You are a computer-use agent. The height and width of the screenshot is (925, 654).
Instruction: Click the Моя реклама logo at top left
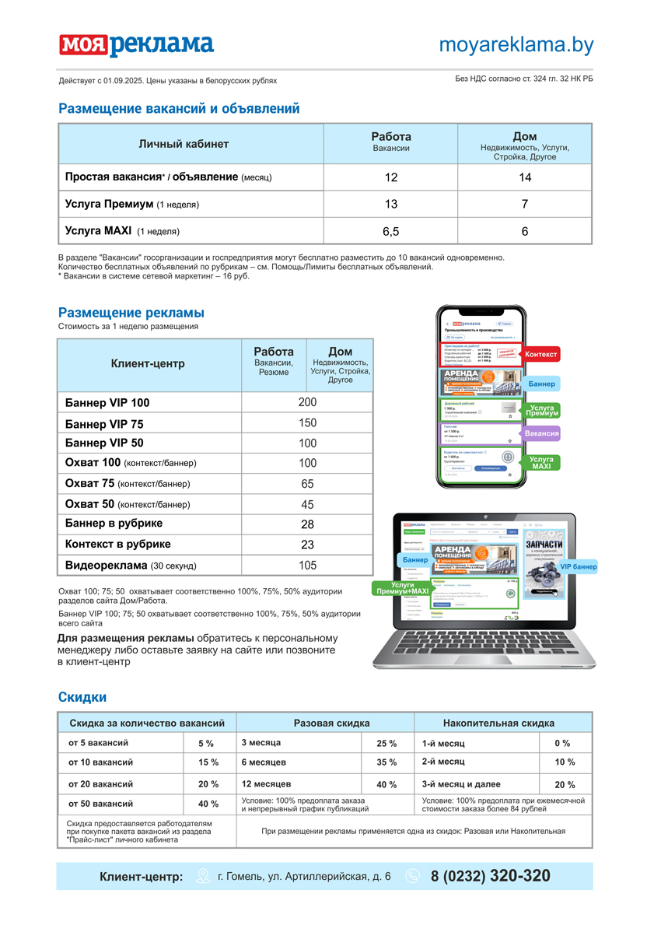point(136,45)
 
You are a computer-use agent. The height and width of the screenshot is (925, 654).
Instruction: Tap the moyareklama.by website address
point(516,45)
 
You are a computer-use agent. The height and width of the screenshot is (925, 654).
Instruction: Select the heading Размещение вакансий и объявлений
point(179,109)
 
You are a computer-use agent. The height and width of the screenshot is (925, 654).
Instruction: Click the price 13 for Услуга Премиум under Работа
point(391,204)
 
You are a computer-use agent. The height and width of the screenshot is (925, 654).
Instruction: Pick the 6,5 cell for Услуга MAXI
point(391,231)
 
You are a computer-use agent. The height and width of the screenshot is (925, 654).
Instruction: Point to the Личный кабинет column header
point(184,144)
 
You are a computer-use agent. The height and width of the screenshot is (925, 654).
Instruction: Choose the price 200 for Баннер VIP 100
point(307,402)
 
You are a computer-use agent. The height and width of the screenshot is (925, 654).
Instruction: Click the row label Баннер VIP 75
point(104,424)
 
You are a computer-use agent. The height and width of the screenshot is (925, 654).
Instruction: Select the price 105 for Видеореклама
point(307,566)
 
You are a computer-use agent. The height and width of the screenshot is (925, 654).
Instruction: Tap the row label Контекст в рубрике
point(118,544)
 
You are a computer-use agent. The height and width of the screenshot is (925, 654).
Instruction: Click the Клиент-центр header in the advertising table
point(148,363)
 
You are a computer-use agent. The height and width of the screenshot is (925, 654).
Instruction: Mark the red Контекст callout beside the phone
point(540,355)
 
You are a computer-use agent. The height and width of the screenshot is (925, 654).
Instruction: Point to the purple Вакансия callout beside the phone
point(541,433)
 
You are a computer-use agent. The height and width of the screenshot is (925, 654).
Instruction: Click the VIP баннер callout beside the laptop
point(578,566)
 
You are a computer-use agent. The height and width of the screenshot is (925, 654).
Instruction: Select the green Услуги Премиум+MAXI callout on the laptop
point(398,587)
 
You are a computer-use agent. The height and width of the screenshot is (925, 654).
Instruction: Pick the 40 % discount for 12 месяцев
point(386,784)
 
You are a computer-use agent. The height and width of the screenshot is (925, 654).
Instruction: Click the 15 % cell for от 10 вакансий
point(208,762)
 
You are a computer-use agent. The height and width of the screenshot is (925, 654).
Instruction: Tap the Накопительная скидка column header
point(498,723)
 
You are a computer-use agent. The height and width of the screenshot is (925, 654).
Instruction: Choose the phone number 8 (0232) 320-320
point(490,876)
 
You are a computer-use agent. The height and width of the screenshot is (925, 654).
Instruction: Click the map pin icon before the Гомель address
point(203,876)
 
